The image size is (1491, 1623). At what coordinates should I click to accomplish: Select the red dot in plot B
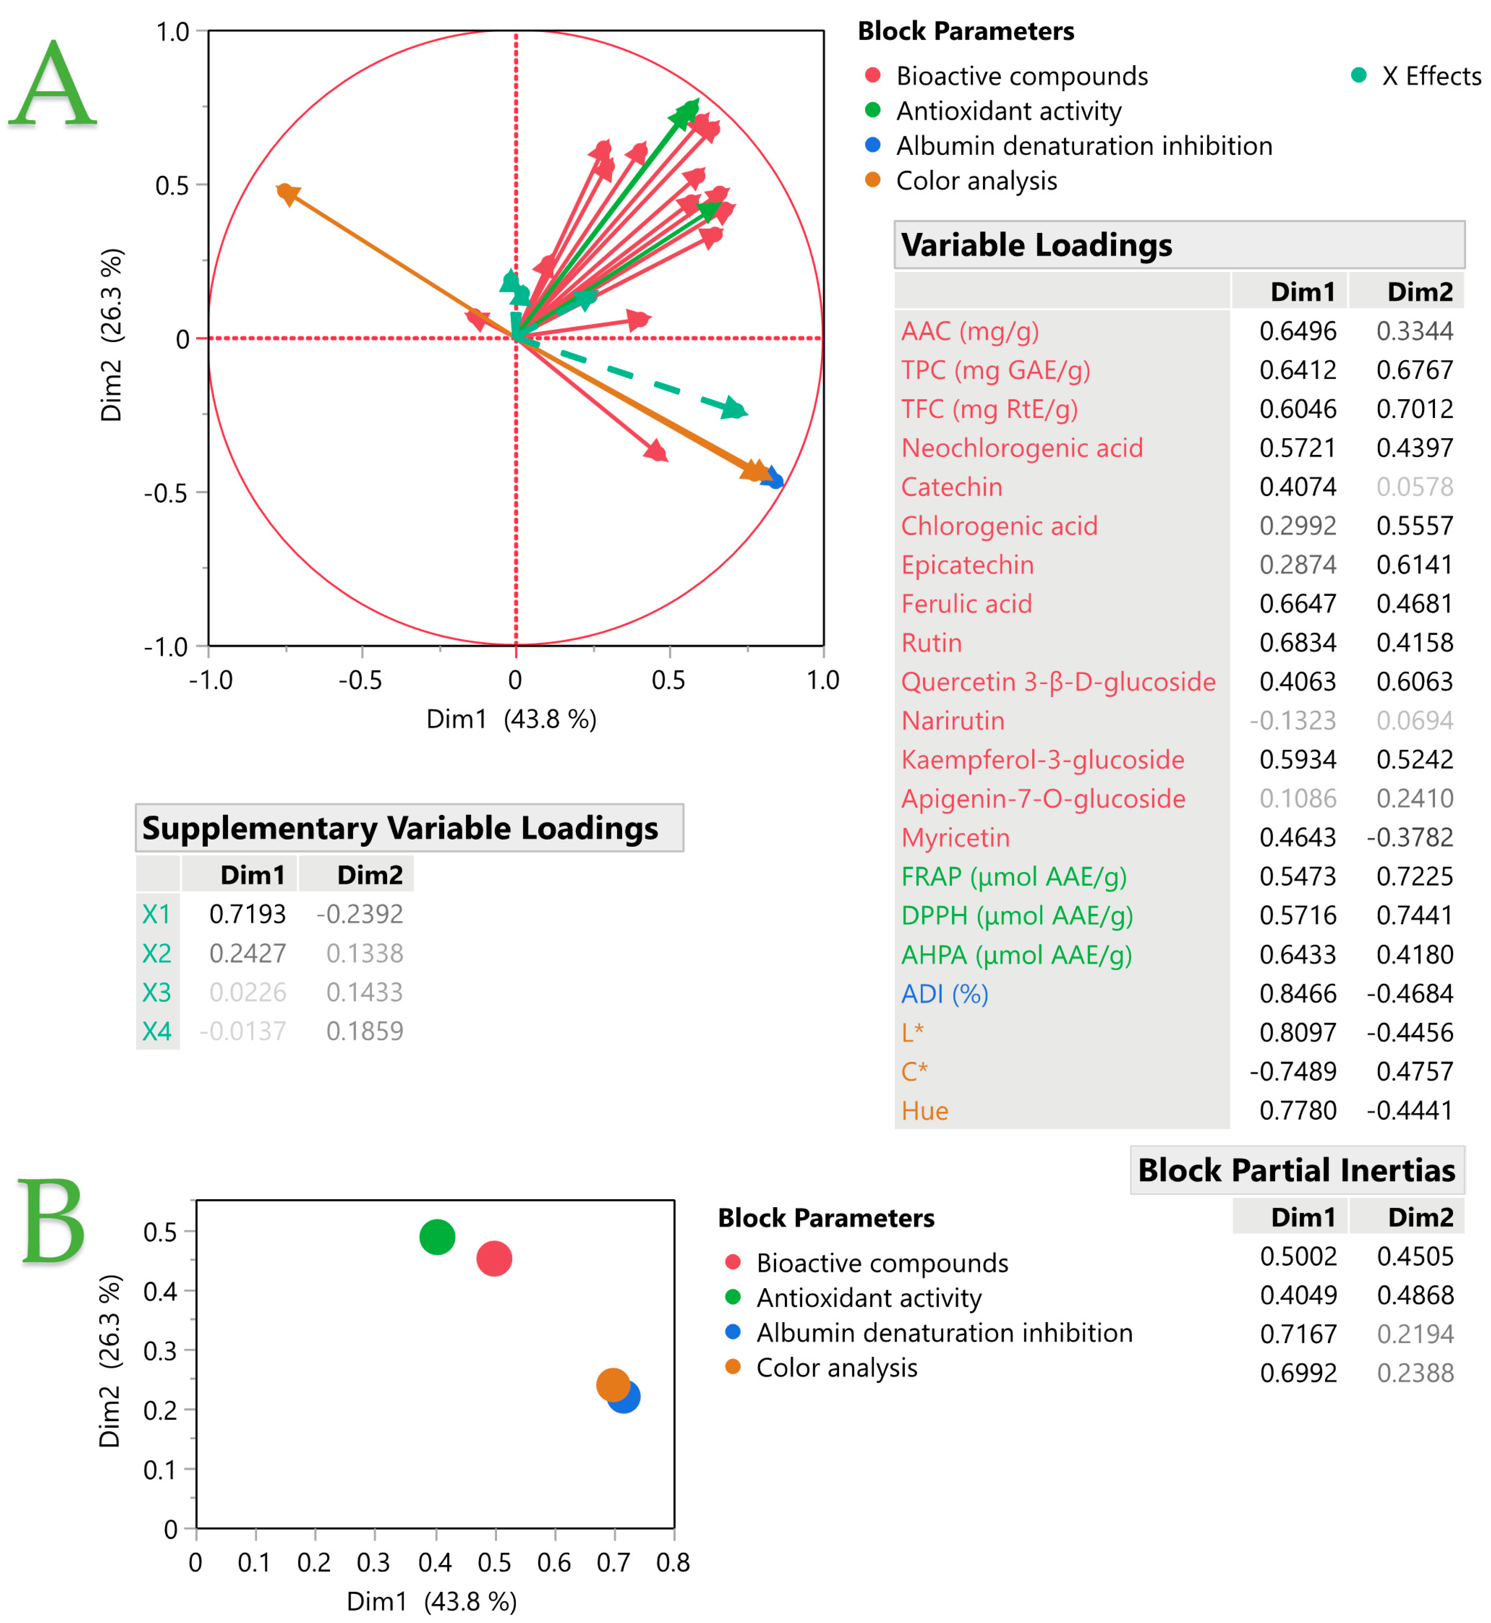(494, 1258)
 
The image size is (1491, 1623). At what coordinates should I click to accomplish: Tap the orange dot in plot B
(612, 1385)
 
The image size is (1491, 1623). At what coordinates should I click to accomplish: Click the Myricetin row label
(955, 838)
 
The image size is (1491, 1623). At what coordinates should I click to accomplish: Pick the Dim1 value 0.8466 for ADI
(1297, 994)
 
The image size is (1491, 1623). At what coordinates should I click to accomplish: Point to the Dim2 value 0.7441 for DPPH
(1414, 916)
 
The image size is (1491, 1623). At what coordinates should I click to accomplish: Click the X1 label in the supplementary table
(157, 914)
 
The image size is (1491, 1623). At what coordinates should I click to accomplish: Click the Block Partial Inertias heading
(1296, 1171)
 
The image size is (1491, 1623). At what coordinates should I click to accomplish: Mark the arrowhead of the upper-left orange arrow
(286, 194)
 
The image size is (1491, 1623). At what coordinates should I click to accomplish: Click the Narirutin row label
(953, 721)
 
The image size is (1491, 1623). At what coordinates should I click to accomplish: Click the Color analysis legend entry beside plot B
(836, 1368)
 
